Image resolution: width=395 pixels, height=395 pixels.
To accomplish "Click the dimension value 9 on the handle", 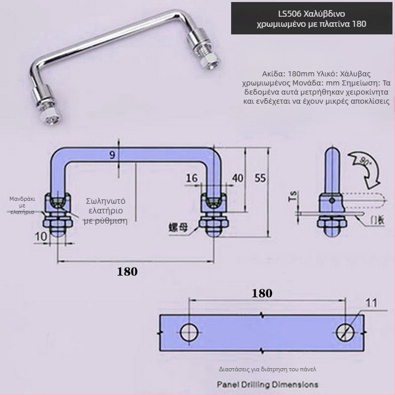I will tap(112, 156).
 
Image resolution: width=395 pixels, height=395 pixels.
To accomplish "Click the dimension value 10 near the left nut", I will tap(41, 235).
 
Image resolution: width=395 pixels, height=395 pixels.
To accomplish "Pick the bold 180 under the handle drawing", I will tap(127, 272).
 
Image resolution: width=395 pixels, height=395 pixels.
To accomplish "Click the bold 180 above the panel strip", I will tap(261, 293).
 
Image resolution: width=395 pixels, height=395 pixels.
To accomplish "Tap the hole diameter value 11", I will tap(371, 303).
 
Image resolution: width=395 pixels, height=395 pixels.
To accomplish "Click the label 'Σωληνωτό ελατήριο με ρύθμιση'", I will tap(106, 210).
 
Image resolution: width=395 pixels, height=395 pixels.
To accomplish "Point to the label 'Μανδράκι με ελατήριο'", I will tap(22, 205).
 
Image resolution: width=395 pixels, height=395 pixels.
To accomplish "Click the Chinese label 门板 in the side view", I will tap(377, 220).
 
